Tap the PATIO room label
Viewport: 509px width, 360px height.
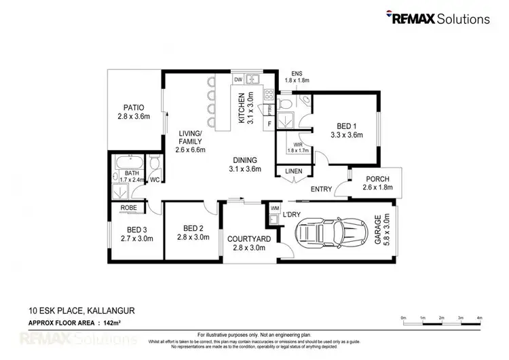click(132, 107)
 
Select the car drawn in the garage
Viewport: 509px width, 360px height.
click(330, 234)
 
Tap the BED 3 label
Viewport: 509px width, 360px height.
click(136, 229)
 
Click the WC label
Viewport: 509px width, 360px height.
click(154, 180)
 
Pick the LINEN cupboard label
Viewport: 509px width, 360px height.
click(293, 171)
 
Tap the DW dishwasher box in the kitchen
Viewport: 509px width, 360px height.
click(238, 79)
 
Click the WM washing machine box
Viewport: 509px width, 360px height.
click(275, 208)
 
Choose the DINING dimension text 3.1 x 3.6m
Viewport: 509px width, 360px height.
click(244, 169)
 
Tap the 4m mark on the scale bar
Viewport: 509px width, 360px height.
click(479, 318)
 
